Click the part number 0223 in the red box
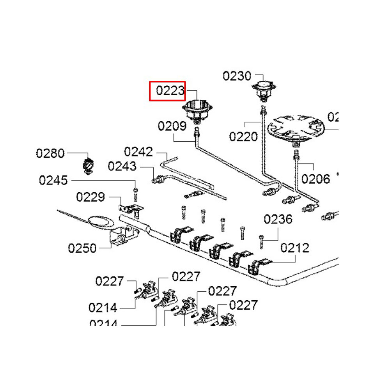[170, 91]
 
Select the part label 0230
[237, 76]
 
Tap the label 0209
[172, 126]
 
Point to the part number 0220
[243, 136]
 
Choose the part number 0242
[138, 152]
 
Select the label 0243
[122, 167]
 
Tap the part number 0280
[50, 153]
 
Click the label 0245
[53, 181]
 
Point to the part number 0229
[90, 197]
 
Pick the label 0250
[82, 248]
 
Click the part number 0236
[278, 219]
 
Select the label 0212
[295, 248]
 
